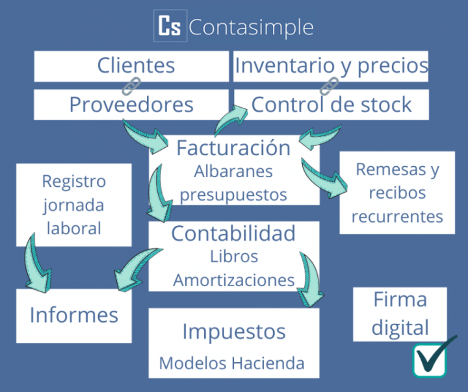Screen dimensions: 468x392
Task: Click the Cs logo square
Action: [x=170, y=26]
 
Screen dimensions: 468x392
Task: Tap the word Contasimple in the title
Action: [x=251, y=27]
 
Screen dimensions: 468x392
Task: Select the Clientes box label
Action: [x=136, y=66]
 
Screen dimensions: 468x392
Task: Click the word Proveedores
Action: [x=131, y=104]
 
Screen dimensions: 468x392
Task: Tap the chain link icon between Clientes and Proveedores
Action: [x=131, y=86]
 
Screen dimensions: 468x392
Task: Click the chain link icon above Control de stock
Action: [x=329, y=86]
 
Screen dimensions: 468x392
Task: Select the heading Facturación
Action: [x=233, y=147]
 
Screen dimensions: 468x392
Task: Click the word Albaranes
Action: [x=233, y=171]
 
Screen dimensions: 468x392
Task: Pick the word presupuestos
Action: [x=233, y=195]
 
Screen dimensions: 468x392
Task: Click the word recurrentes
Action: [x=397, y=217]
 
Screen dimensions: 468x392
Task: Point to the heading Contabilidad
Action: [x=233, y=233]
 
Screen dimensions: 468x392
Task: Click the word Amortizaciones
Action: [x=234, y=280]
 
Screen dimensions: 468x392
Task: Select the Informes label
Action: [x=73, y=315]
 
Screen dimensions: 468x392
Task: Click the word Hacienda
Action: [x=268, y=363]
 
